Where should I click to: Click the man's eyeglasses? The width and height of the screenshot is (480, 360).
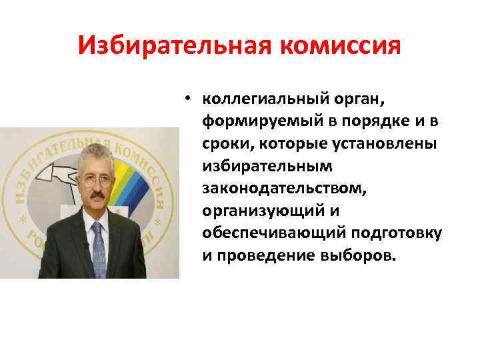(x=96, y=179)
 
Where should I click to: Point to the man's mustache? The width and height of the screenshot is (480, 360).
(x=96, y=197)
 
